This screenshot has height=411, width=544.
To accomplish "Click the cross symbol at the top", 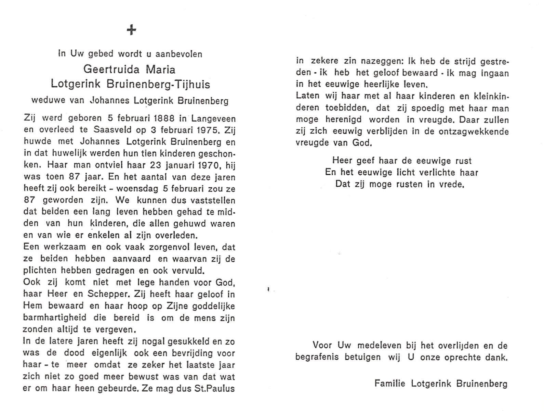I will tap(131, 30).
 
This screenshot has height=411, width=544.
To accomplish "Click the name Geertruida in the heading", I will tap(111, 70).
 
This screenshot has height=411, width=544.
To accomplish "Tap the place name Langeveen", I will tap(213, 119).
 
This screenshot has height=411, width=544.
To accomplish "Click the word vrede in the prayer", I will tap(453, 184).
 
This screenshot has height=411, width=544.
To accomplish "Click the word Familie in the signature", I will tap(390, 383).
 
